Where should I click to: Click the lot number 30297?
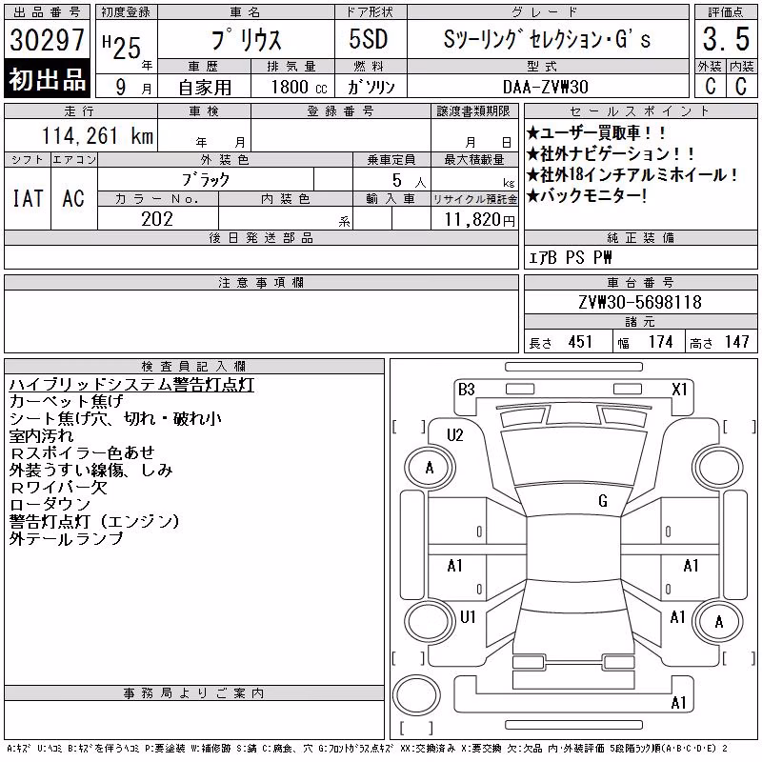[47, 39]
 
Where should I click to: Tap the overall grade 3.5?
[726, 39]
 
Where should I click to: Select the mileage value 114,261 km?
[97, 135]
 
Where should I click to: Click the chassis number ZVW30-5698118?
[640, 302]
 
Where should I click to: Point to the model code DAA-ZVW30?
[545, 87]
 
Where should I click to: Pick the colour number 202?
[157, 219]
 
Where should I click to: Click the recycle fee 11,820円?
[480, 220]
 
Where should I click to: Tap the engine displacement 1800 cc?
[299, 87]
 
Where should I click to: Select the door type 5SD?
[369, 39]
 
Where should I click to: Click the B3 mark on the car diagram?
[466, 390]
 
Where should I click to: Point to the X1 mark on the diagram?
[679, 390]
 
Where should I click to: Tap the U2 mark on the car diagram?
[455, 434]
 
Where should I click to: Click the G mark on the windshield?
[603, 500]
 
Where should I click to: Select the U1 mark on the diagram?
[468, 616]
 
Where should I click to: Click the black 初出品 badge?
[47, 78]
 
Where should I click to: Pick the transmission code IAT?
[28, 198]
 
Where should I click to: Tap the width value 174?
[660, 342]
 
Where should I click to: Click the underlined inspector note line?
[131, 385]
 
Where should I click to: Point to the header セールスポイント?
[640, 111]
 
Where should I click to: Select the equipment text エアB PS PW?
[570, 257]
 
